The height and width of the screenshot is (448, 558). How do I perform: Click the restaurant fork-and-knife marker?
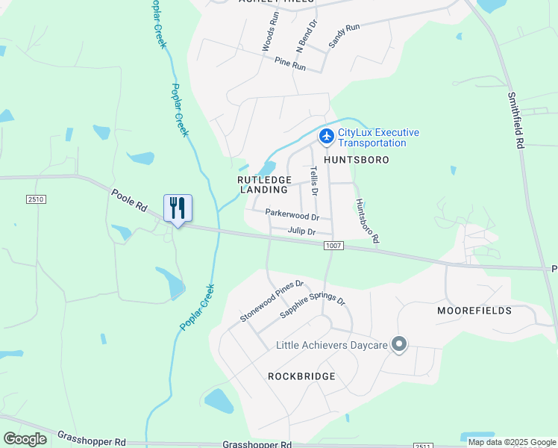(178, 208)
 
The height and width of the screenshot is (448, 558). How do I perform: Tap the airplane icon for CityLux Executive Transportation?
(326, 137)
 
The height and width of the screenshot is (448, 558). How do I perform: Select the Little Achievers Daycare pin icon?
(399, 344)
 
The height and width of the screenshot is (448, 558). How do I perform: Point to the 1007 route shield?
(334, 245)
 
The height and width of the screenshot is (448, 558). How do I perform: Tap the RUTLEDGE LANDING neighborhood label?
(264, 184)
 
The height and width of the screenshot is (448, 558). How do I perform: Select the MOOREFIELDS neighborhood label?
(474, 310)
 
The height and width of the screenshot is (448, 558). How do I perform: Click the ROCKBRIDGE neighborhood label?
(301, 376)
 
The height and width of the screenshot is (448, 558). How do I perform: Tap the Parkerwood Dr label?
(292, 216)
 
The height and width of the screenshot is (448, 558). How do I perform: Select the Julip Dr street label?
(302, 231)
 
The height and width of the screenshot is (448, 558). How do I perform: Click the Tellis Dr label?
(314, 181)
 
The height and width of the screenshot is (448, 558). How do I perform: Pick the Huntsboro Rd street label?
(367, 221)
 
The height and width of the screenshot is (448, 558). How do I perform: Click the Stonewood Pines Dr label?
(272, 302)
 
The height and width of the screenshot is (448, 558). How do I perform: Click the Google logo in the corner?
(25, 438)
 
